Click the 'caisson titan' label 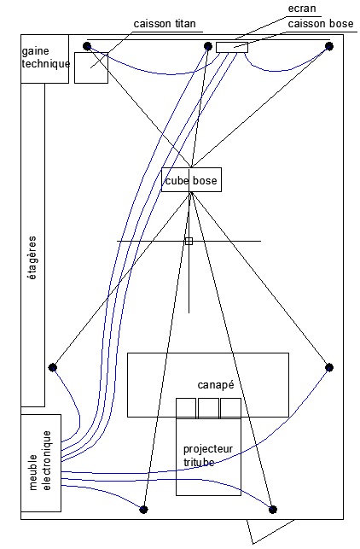click(165, 23)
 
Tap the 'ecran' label click(302, 9)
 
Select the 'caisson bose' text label click(321, 23)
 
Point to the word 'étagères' click(32, 258)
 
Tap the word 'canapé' click(216, 385)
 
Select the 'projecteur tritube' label click(208, 456)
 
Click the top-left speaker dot click(87, 46)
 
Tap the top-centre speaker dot click(208, 46)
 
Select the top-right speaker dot click(329, 46)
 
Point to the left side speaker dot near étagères click(53, 367)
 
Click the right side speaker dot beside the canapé click(329, 367)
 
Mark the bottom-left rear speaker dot click(143, 510)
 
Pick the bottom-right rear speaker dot click(273, 510)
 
